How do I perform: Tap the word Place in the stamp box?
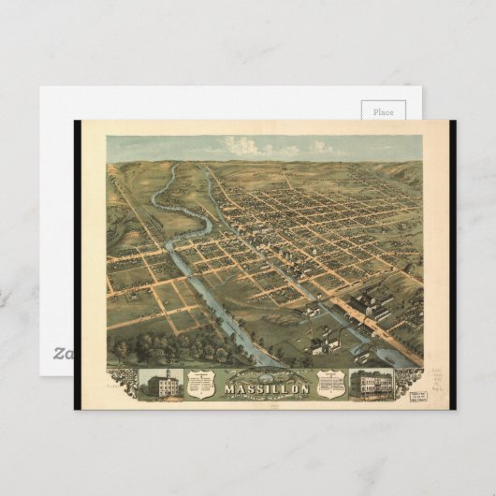click(384, 111)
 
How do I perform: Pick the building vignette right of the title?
click(370, 383)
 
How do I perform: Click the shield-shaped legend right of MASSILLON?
click(328, 381)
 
